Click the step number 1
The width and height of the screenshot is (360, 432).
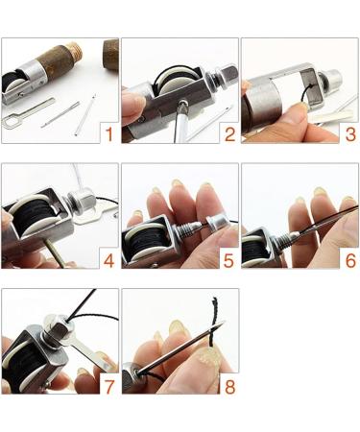108,133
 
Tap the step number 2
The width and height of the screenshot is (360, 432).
229,133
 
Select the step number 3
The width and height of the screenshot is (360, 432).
349,133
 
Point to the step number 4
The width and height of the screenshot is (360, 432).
108,258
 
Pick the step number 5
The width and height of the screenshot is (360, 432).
229,258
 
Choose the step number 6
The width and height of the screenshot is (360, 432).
349,258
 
